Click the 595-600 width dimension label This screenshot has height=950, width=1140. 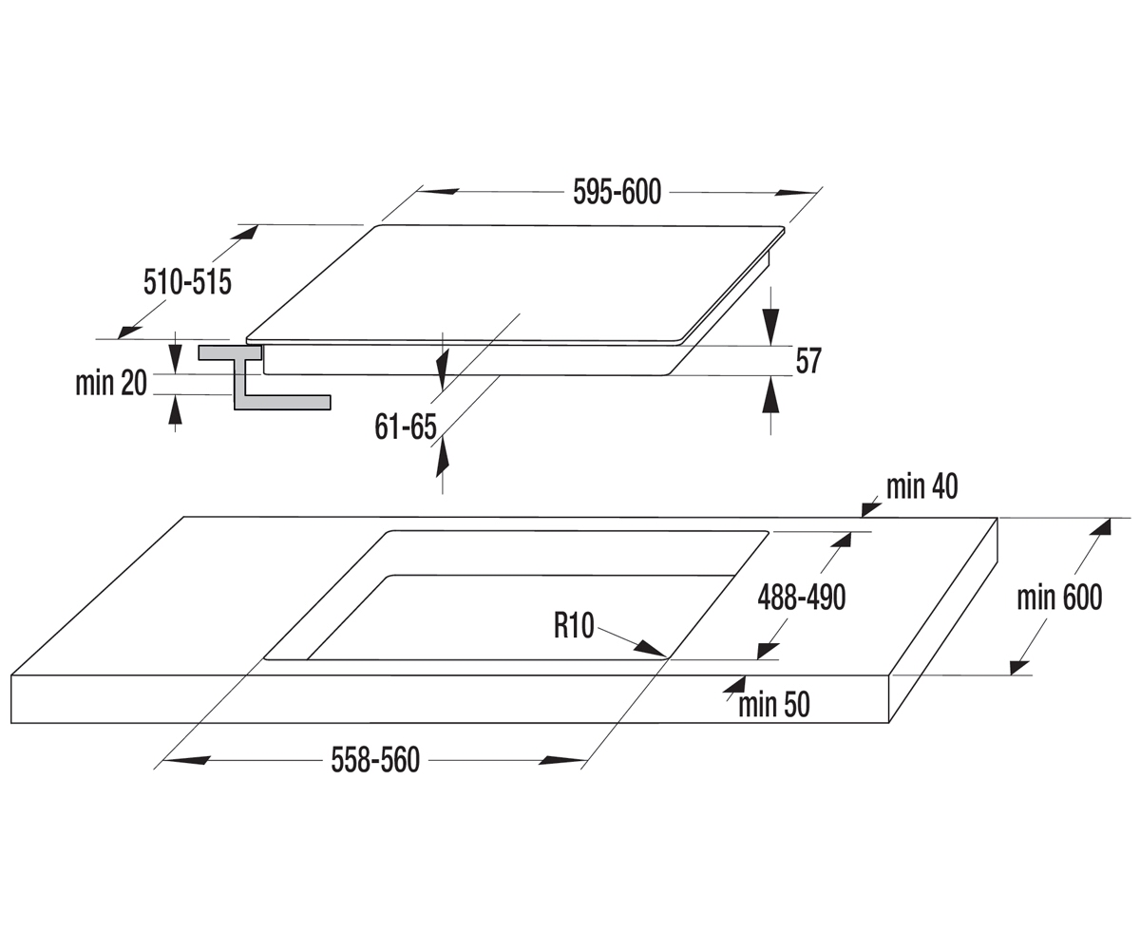coord(617,192)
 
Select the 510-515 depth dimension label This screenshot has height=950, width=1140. coord(187,282)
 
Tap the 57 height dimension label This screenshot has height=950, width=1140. coord(808,361)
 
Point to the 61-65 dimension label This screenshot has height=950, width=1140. coord(405,427)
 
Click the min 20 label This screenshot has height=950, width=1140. coord(111,383)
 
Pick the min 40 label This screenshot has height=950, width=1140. coord(921,486)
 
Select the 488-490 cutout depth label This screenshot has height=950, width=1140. coord(802,598)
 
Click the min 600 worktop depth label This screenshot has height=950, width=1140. coord(1059,598)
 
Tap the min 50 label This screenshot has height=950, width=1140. coord(773,705)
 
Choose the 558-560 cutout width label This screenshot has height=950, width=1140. coord(375,760)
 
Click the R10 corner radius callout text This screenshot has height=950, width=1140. coord(574,626)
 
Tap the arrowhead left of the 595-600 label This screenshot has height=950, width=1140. coord(439,192)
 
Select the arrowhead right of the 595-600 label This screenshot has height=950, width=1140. coord(796,192)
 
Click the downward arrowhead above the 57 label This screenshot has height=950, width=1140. coord(770,327)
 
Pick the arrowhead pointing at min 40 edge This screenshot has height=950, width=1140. coord(871,509)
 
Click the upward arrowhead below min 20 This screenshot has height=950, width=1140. coord(175,408)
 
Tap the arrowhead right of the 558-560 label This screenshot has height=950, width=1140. coord(562,760)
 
